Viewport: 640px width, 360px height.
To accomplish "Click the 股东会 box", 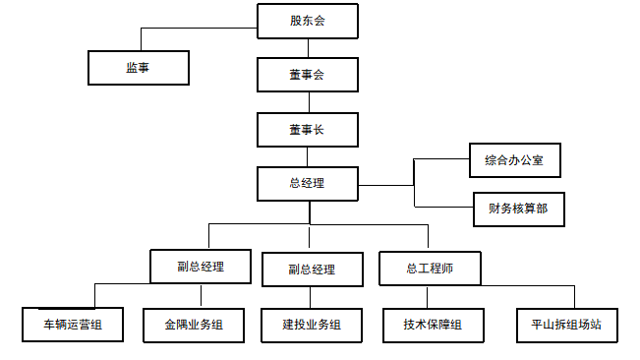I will (x=307, y=21).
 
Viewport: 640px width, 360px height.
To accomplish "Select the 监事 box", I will (x=138, y=67).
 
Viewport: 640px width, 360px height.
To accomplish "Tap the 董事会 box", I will (x=307, y=75).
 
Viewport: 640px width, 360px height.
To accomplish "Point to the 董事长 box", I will (x=307, y=129).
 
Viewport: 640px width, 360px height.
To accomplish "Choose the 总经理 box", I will (x=307, y=183).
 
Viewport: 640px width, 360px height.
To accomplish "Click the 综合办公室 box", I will (x=515, y=159).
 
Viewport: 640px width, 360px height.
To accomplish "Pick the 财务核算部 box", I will (x=518, y=209).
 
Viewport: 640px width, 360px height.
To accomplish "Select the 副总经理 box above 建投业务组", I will (x=313, y=269).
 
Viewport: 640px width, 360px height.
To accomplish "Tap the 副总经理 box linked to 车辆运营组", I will (x=200, y=266).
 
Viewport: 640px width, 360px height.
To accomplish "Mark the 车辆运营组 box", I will (x=73, y=324).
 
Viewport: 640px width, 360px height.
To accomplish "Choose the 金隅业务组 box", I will (x=194, y=324).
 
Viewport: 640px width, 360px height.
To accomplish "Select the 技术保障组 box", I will (x=433, y=324).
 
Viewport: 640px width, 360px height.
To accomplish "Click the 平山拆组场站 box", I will (x=567, y=324).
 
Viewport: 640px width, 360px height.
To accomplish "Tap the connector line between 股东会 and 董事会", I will (x=308, y=47).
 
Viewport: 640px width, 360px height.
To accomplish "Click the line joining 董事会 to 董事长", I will (x=308, y=101).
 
